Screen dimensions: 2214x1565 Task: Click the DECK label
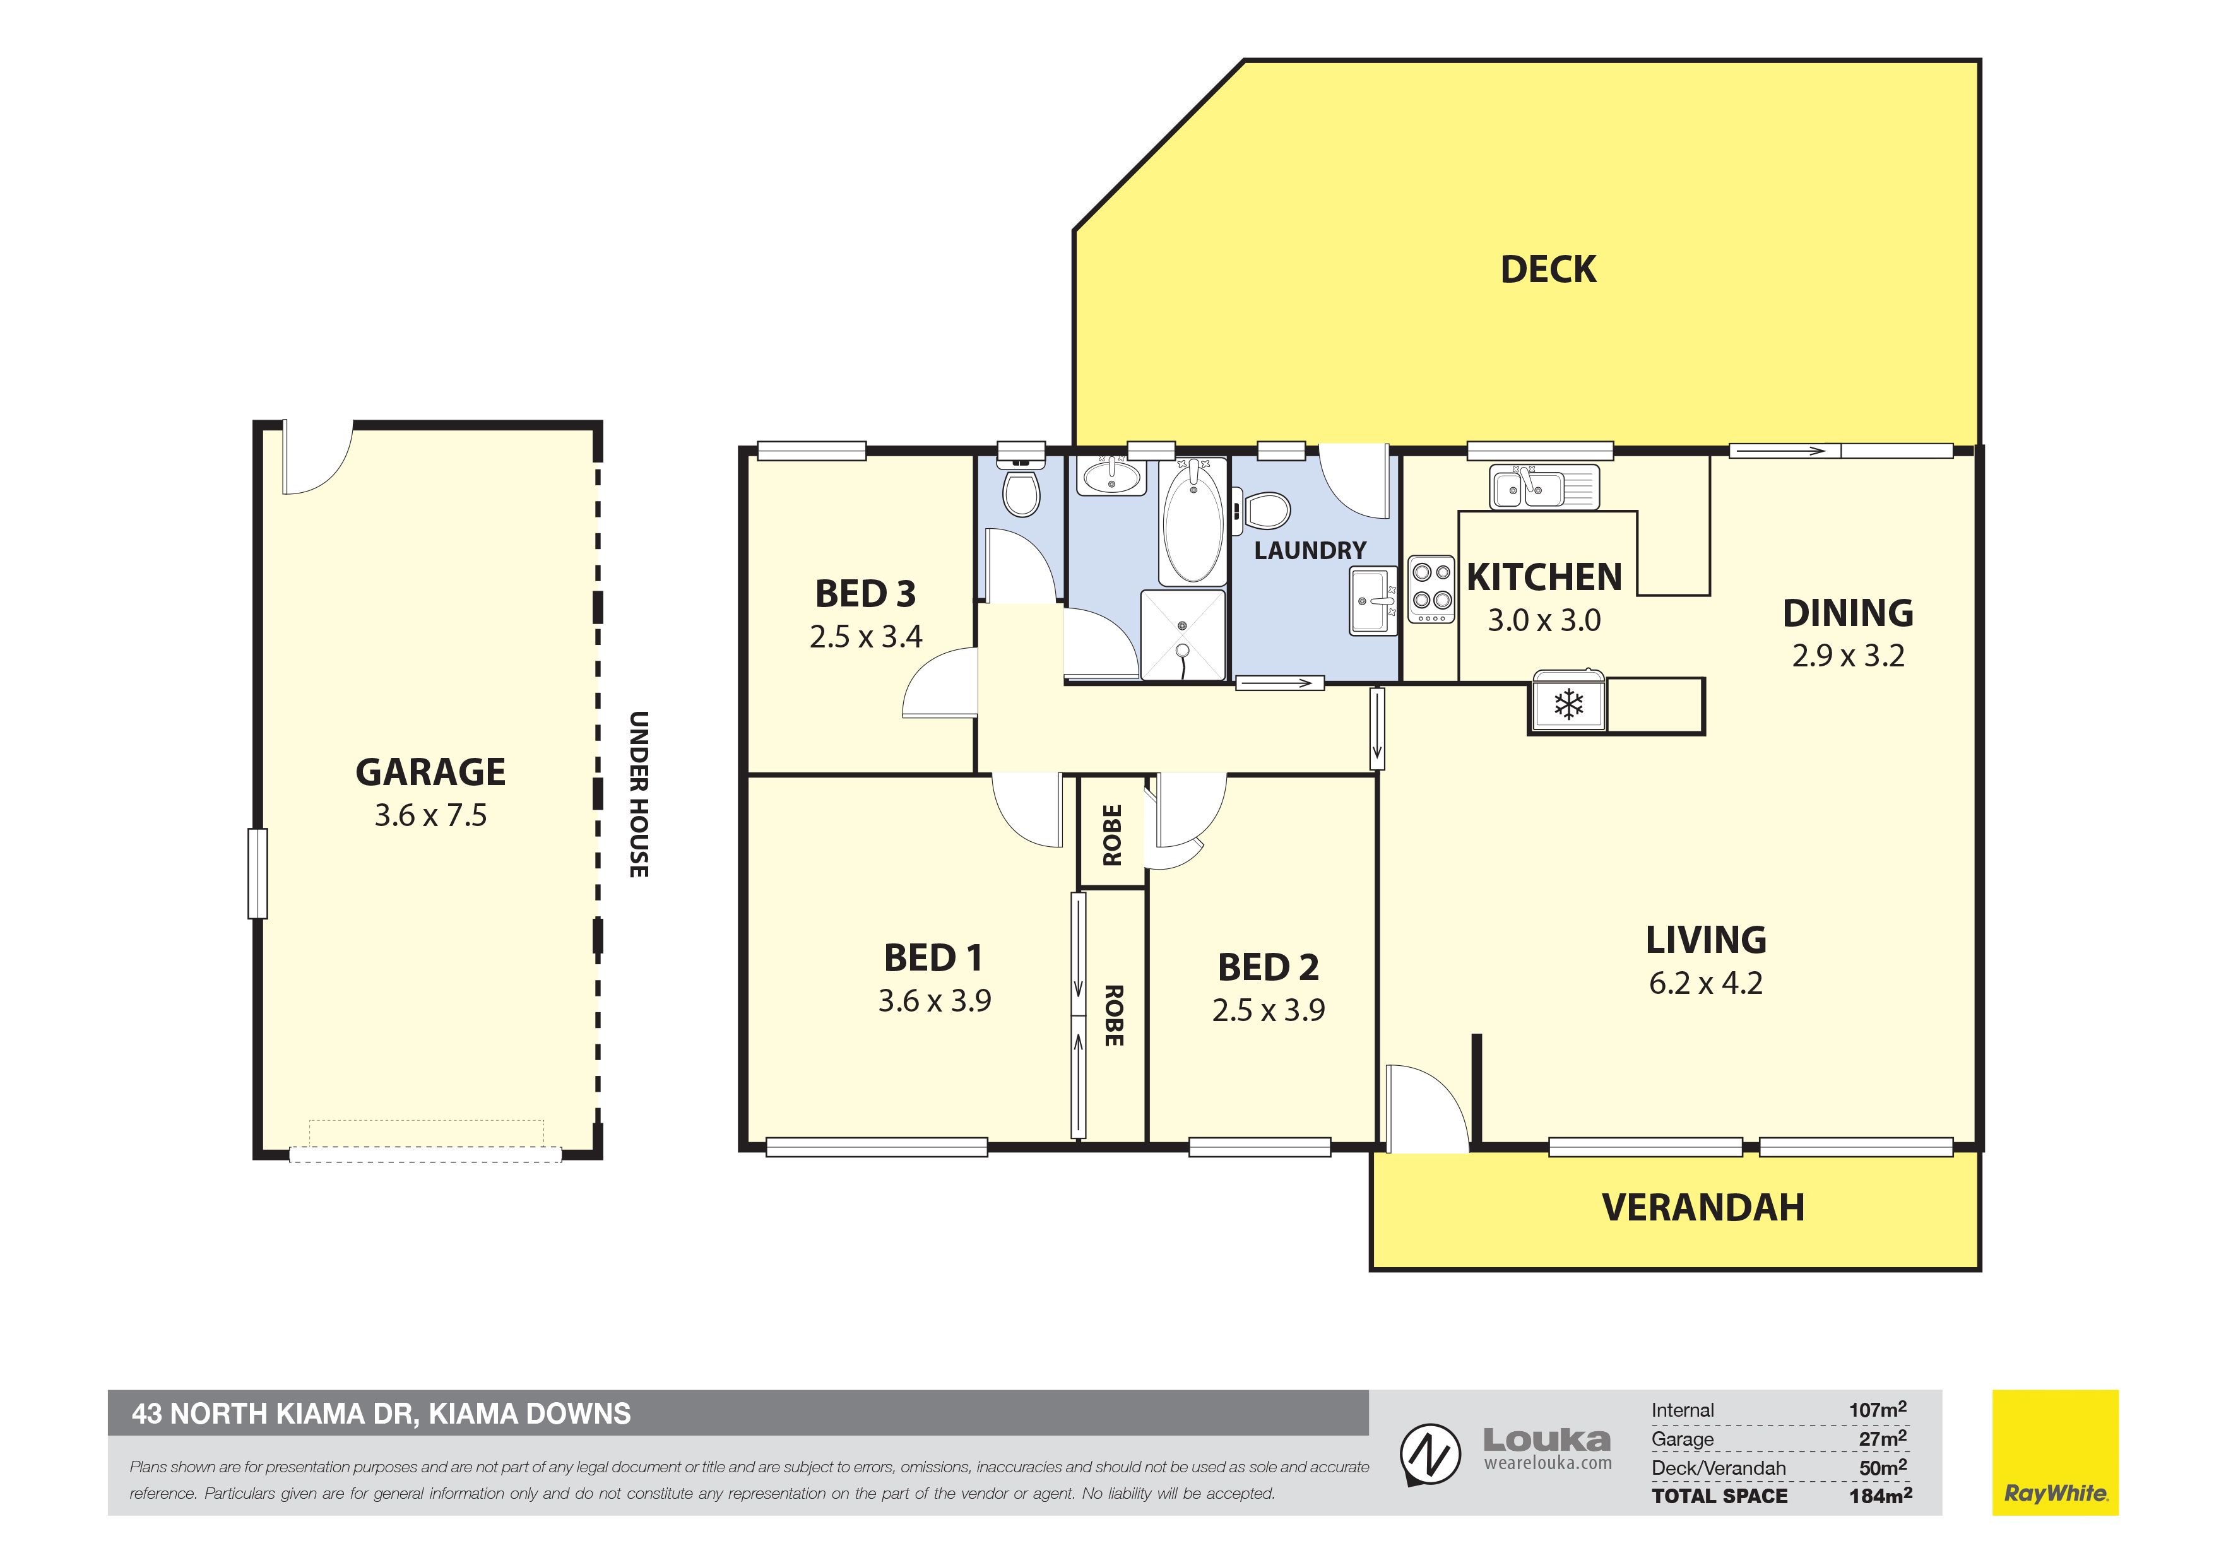pyautogui.click(x=1548, y=269)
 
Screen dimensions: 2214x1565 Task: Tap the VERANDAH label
pyautogui.click(x=1703, y=1207)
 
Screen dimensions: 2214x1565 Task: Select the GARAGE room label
pyautogui.click(x=430, y=772)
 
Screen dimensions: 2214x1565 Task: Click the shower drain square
pyautogui.click(x=1182, y=637)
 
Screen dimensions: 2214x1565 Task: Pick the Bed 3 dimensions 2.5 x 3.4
pyautogui.click(x=866, y=637)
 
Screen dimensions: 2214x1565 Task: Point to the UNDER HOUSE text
pyautogui.click(x=638, y=794)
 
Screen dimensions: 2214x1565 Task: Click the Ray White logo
pyautogui.click(x=2055, y=1452)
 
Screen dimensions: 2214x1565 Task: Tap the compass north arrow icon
pyautogui.click(x=1430, y=1456)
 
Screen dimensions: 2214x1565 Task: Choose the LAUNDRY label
pyautogui.click(x=1310, y=551)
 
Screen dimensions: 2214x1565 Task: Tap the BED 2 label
pyautogui.click(x=1268, y=967)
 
